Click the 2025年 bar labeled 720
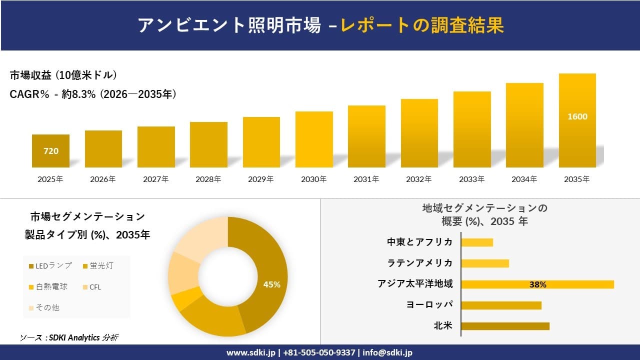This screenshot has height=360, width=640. point(50,150)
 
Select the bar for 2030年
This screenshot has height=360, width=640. point(314,139)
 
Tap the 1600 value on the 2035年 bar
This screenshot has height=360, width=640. point(577,116)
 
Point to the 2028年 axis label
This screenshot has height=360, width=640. point(208,179)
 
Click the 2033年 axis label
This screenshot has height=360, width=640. point(472,179)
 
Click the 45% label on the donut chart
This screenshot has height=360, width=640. point(271,284)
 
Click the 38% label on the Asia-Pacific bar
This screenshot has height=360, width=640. point(537,284)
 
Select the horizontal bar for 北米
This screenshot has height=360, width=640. point(505,326)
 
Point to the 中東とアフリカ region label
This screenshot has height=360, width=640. point(419,242)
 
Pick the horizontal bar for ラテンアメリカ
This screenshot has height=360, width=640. point(484,263)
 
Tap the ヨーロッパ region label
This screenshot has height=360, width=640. point(429,305)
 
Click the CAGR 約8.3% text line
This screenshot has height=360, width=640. point(93,94)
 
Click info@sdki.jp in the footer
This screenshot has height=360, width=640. point(387,352)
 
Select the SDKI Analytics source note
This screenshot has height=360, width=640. point(69,338)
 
